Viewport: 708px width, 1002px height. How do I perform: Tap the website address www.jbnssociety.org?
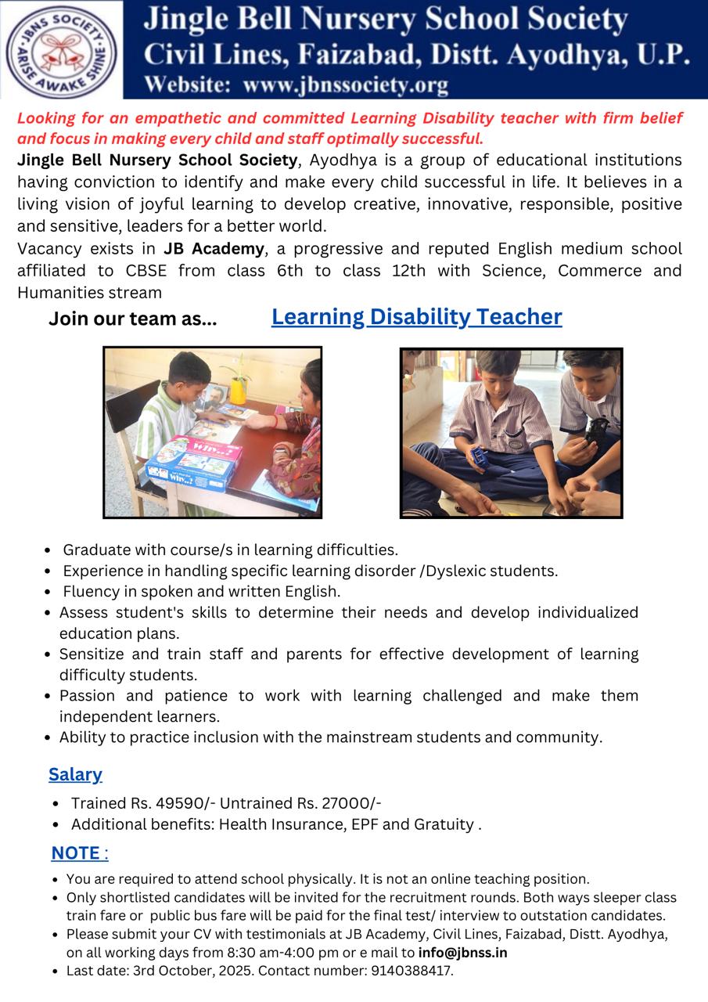point(346,85)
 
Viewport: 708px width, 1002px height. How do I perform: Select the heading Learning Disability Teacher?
point(416,317)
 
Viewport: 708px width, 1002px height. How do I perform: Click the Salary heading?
point(75,775)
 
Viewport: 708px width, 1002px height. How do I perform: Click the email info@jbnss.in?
point(462,953)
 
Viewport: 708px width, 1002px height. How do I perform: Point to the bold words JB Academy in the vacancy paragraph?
point(214,249)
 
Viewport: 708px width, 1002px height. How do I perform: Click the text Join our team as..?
point(132,319)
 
